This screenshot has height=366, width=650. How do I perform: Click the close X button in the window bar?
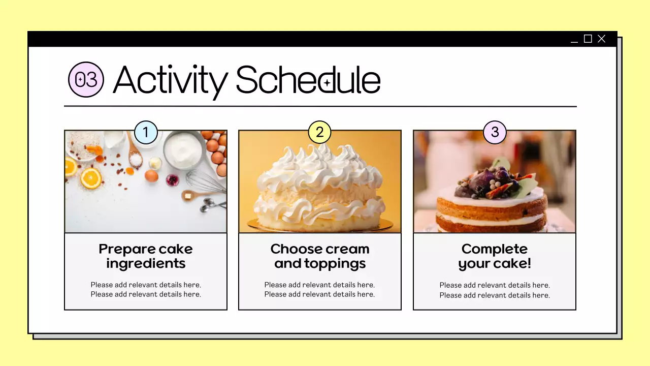point(602,39)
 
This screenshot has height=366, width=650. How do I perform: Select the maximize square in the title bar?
point(588,39)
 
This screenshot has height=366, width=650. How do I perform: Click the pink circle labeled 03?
point(86,80)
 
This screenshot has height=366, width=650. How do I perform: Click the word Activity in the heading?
point(170,80)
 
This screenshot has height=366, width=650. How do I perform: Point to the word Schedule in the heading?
point(308,80)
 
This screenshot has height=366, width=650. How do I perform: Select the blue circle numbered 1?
point(146,133)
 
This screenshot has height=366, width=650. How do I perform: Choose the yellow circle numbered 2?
point(320,133)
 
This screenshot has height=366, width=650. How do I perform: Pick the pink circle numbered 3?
point(495,133)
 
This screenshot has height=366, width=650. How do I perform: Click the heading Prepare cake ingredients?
point(146,256)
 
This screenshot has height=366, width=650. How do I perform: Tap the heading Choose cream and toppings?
point(320,256)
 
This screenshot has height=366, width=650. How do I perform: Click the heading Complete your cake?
point(495,256)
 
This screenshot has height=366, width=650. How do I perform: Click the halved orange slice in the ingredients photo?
point(91,178)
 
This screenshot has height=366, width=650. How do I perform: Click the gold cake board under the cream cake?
point(320,224)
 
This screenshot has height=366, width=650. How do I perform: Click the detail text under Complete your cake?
point(495,290)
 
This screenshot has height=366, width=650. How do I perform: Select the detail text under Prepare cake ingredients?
point(146,290)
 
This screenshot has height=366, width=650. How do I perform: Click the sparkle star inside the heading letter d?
point(328,83)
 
